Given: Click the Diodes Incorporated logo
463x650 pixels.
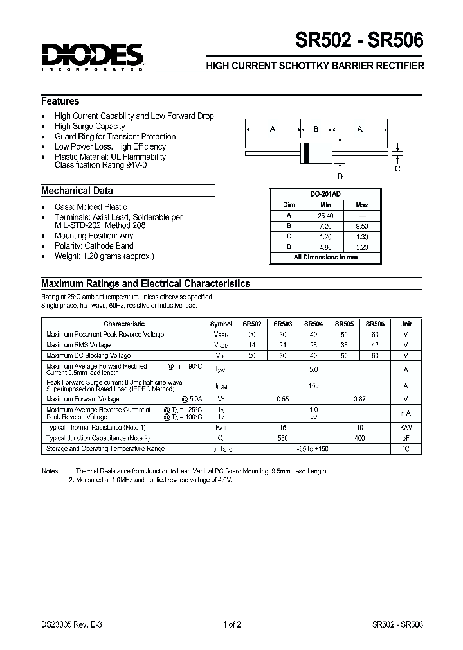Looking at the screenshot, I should pos(92,57).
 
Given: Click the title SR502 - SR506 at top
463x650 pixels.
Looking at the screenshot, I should pos(359,41).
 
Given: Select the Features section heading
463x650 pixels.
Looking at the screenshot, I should pos(60,101).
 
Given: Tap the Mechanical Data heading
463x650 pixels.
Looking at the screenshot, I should pos(77,191).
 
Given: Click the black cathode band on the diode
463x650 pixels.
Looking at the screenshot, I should pos(306,152).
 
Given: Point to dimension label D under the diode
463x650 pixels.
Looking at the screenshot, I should pos(340,176).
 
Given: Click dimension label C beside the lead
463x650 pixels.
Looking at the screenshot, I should pos(397,169).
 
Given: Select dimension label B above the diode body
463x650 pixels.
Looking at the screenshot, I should pos(316,129).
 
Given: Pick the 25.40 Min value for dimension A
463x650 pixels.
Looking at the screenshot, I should pos(325,216).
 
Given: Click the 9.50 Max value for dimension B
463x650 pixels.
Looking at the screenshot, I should pos(362,226).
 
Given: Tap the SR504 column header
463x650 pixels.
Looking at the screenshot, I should pos(313,324).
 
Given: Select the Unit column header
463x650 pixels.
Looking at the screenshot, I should pos(406,324).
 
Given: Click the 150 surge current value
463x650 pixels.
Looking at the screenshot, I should pos(314,385).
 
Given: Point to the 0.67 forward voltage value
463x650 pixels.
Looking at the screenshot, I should pos(359,400).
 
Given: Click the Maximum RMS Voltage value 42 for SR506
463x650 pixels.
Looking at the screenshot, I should pos(375,346).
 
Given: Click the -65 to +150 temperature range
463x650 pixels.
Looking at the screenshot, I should pos(314,449).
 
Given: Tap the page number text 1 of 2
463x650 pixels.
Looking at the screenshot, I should pos(231,624).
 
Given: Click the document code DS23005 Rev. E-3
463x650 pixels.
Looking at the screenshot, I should pos(71,624).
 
